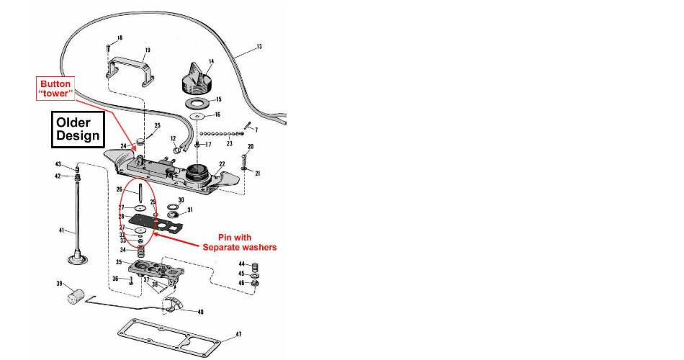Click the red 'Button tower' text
pyautogui.click(x=55, y=89)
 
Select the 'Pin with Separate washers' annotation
pyautogui.click(x=247, y=242)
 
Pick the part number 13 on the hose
pyautogui.click(x=259, y=47)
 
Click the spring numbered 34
pyautogui.click(x=141, y=252)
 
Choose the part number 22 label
pyautogui.click(x=222, y=164)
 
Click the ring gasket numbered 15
pyautogui.click(x=197, y=100)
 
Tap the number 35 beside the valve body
pyautogui.click(x=119, y=263)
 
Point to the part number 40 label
pyautogui.click(x=199, y=312)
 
